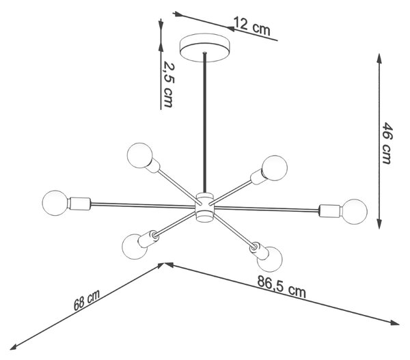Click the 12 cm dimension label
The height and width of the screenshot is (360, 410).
pos(251,26)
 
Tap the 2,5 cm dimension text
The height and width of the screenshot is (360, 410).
pos(168,84)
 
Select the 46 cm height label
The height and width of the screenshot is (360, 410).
pos(387,143)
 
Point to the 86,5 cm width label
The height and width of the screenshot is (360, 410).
pos(282,286)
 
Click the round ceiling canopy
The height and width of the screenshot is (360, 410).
pos(205,48)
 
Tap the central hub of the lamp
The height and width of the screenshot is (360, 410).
pos(205,208)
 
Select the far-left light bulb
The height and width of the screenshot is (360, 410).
pos(55,203)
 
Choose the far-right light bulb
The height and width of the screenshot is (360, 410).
pos(355,212)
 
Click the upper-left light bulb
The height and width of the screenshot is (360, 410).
pos(139,155)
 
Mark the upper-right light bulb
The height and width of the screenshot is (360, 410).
pos(275,168)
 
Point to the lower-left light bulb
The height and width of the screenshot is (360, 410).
pos(135,247)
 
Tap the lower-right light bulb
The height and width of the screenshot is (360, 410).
pos(270,259)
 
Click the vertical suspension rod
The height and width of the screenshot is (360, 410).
pos(205,123)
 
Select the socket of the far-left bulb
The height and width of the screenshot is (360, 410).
pos(79,204)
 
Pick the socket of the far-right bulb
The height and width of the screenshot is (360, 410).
pos(331,210)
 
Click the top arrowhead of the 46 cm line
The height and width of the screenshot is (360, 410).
pos(379,58)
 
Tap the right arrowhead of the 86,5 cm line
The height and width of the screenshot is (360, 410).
pos(394,323)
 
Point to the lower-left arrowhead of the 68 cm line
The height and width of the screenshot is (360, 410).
pos(14,347)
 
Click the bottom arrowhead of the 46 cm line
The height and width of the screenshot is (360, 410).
pos(379,224)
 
